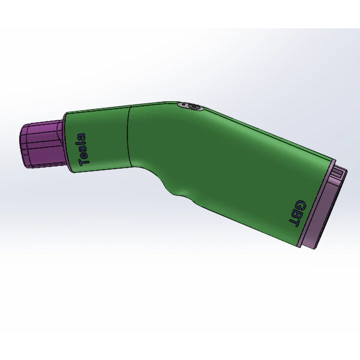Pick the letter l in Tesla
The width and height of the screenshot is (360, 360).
coord(82,143)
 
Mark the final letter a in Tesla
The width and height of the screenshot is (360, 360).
coord(82,137)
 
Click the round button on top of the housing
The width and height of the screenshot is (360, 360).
coord(190,106)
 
